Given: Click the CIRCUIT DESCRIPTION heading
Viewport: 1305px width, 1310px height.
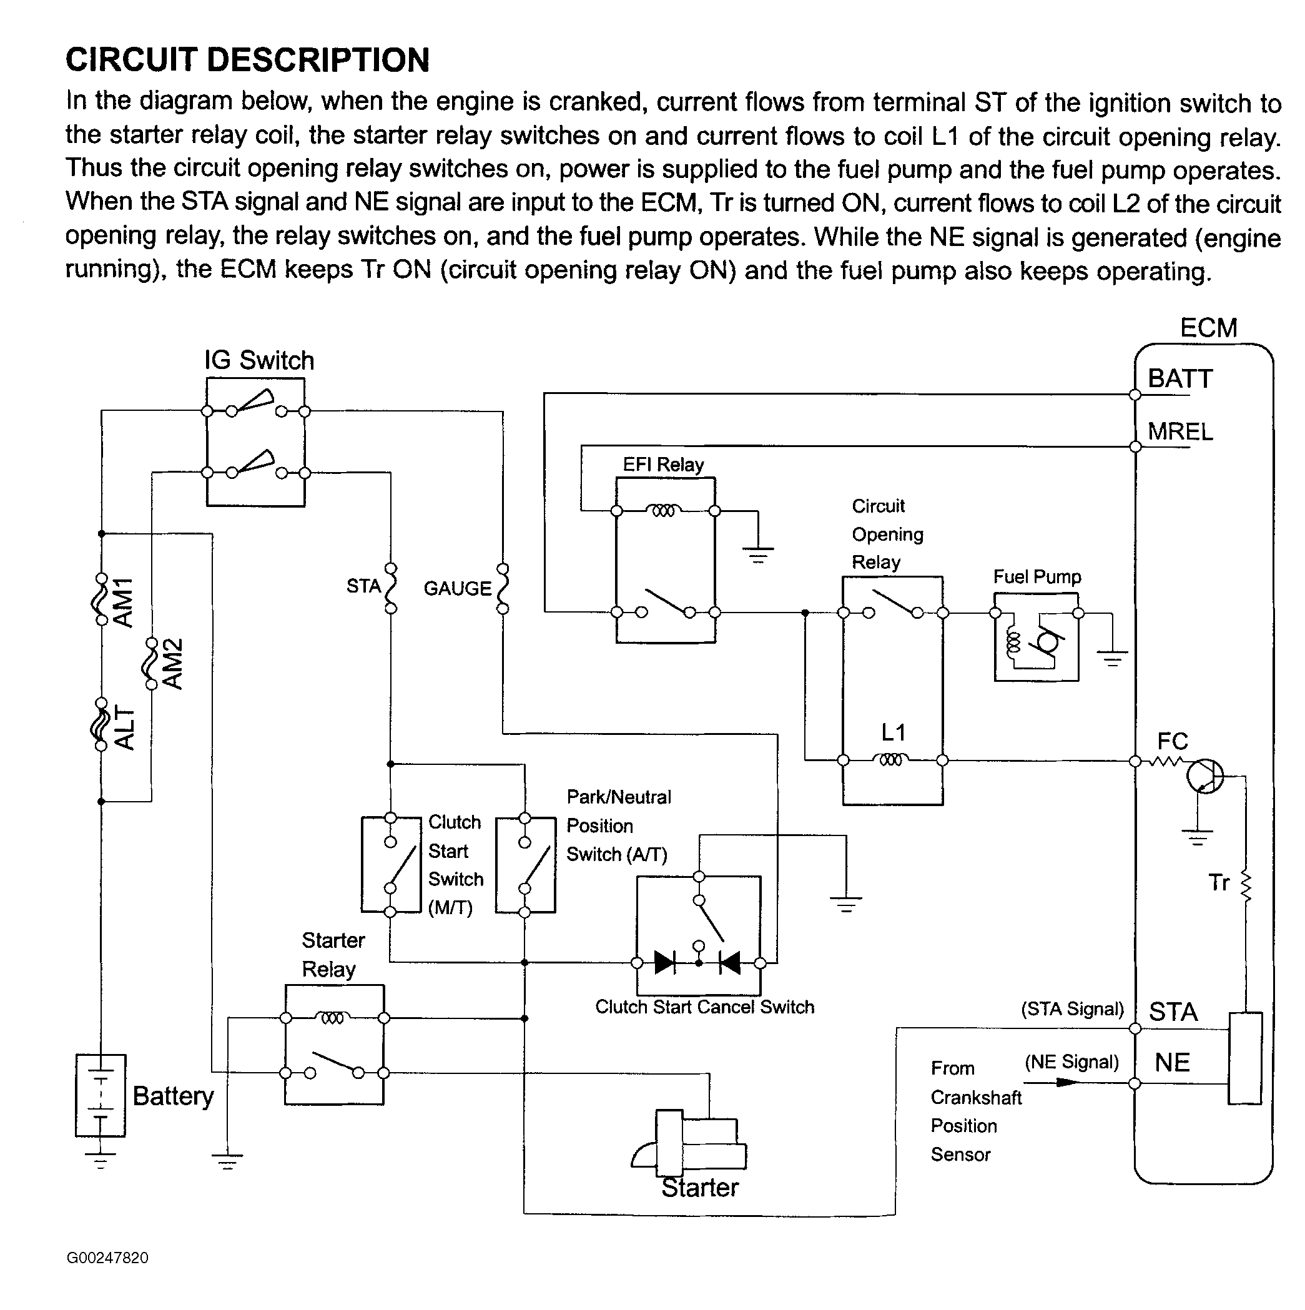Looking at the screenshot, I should pos(247,60).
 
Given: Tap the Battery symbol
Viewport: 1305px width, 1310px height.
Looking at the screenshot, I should pos(101,1095).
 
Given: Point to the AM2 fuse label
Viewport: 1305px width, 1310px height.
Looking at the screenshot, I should pos(174,664).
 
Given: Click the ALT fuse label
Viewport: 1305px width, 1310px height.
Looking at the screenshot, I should pos(124,727).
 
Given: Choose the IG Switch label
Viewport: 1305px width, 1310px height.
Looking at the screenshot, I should pos(259,360).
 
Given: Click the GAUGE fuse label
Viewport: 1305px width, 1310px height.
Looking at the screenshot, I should pos(457,588).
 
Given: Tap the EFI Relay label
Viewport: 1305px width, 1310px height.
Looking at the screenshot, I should pos(663,465).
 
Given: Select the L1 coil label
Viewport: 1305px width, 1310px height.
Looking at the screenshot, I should pos(893,732).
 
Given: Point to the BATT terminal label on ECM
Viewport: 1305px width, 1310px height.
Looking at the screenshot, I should pos(1179,378).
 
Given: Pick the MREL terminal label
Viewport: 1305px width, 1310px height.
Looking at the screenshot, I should pos(1180,431).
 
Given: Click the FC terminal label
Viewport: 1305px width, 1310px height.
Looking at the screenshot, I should pos(1172,741).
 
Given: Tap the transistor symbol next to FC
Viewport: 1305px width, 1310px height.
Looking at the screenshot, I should pos(1204,776).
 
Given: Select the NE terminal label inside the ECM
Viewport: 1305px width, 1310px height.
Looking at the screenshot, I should pos(1172,1062).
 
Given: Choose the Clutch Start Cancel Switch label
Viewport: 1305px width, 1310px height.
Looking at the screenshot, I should pos(704,1007).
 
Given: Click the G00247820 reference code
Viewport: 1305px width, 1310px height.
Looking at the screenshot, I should pos(107,1258).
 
